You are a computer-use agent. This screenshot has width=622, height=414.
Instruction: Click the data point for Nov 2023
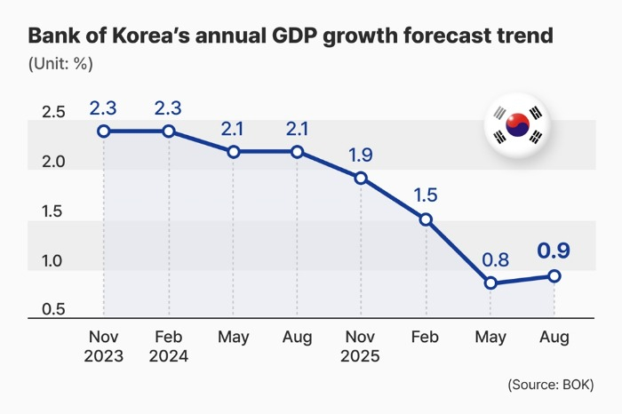(104, 131)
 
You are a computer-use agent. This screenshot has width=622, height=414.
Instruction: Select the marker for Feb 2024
(168, 131)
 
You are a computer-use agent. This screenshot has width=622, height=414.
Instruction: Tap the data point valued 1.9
(361, 178)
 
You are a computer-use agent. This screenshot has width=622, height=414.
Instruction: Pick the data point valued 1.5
(426, 219)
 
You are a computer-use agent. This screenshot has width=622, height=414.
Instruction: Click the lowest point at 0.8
(490, 283)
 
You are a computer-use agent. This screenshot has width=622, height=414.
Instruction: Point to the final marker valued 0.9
(554, 275)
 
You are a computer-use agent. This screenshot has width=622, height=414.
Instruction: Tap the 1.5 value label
(426, 195)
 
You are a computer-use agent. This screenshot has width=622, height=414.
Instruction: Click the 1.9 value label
(361, 154)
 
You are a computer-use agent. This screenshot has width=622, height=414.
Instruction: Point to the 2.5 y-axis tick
(53, 113)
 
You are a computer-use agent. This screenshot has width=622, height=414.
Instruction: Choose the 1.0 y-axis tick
(53, 260)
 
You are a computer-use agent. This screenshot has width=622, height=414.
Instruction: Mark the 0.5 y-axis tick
(53, 310)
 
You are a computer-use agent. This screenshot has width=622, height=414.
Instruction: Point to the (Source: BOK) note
(551, 385)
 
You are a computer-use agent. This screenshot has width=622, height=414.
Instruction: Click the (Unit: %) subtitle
(60, 64)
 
